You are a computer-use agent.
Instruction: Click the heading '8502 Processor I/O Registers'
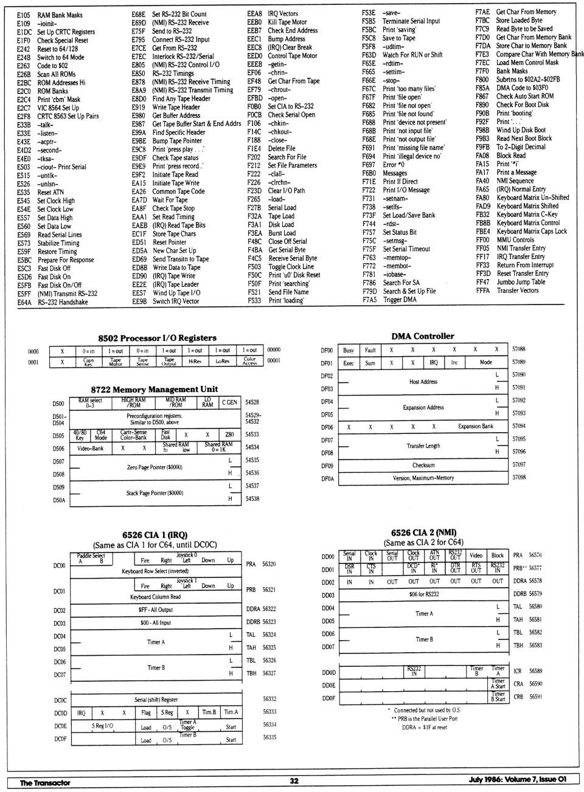pos(157,338)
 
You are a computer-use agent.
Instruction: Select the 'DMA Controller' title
pos(422,336)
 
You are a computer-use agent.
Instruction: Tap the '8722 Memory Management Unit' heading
pos(154,389)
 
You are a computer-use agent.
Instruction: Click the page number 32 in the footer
pos(294,782)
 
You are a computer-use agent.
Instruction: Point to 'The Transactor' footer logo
pos(45,782)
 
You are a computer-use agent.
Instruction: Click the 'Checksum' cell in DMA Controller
pos(423,465)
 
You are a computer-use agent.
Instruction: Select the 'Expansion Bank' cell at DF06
pos(475,427)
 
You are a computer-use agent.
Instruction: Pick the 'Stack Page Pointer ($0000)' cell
pos(155,493)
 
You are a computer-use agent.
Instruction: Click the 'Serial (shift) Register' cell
pos(156,700)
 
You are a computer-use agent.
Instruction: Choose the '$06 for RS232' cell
pos(423,594)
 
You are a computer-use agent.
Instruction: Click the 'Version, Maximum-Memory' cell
pos(423,478)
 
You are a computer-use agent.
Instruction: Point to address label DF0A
pos(327,478)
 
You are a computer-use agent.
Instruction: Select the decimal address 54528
pos(252,402)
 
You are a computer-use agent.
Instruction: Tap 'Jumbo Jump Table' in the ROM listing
pos(521,282)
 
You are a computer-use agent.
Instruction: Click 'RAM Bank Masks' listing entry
pos(60,15)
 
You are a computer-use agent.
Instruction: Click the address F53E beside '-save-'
pos(369,12)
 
